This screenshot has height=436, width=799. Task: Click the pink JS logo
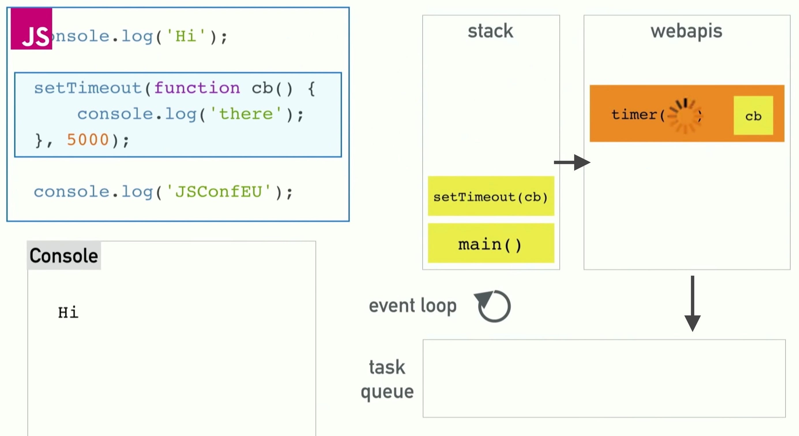point(31,29)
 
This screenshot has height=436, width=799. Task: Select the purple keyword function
point(197,88)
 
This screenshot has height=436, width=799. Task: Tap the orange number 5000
point(88,140)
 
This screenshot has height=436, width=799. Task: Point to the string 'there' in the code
point(246,114)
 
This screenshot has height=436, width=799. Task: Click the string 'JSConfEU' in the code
point(218,192)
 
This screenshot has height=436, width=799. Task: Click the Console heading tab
point(64,256)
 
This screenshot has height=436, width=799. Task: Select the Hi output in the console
point(68,312)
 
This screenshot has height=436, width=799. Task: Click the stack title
point(490,31)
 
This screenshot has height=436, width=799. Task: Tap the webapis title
point(687,31)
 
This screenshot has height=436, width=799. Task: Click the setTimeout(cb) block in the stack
point(491,196)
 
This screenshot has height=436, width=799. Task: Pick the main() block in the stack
point(491,244)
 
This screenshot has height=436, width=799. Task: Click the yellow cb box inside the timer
point(753,115)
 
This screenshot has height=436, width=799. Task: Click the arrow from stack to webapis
point(572,162)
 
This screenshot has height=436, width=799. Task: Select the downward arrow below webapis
point(692,304)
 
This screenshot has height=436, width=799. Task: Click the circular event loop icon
point(493,306)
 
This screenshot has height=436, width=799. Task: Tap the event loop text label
point(413,306)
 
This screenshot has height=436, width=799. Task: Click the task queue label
point(387,379)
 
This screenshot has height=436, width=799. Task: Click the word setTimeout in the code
point(88,88)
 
